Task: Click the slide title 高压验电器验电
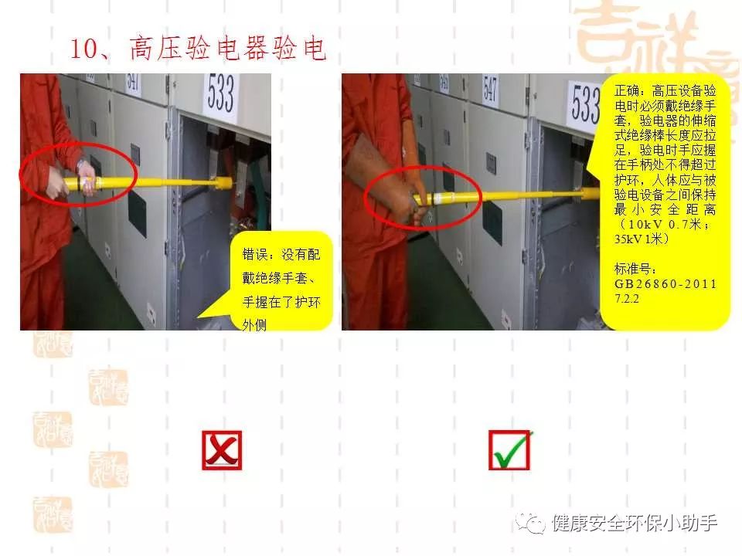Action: tap(227, 48)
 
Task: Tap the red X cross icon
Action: tap(222, 450)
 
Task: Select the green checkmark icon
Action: tap(509, 450)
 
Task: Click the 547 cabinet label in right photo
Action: tap(490, 88)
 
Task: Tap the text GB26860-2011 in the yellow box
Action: tap(665, 284)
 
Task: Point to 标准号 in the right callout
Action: tap(633, 269)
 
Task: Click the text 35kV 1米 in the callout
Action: tap(642, 239)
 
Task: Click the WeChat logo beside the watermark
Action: tap(530, 524)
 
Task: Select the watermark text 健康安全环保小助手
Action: tap(635, 523)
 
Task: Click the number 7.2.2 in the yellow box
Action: tap(627, 299)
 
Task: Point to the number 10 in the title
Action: tap(83, 49)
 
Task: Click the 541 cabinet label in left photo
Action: tap(133, 83)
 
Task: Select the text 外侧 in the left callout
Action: tap(254, 324)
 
